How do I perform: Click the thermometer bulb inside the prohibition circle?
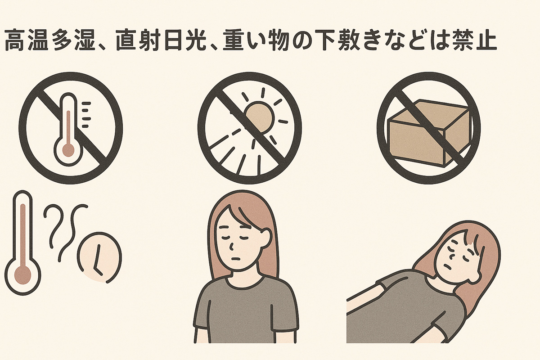[x=68, y=150]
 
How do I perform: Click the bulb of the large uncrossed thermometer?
[x=22, y=275]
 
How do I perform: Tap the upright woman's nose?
[x=231, y=246]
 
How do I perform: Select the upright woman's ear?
[x=266, y=238]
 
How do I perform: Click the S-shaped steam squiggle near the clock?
[x=72, y=234]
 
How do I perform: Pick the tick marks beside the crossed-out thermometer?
[x=86, y=115]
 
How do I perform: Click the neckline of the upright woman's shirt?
[x=243, y=285]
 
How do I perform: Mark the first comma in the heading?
[x=102, y=47]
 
